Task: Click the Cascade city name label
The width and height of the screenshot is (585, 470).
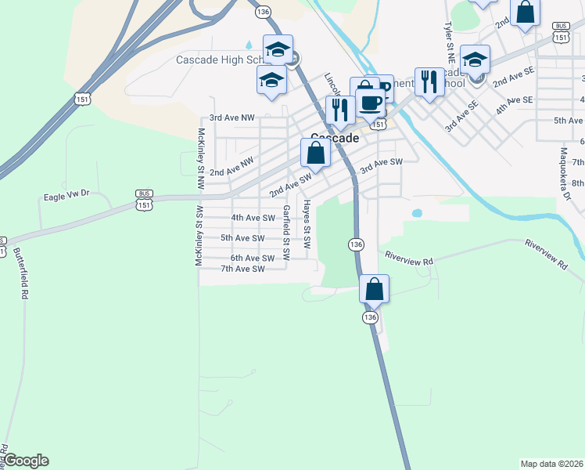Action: point(335,138)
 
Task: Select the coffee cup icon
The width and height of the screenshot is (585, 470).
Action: point(370,103)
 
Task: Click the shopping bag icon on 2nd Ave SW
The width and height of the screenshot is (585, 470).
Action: point(315,153)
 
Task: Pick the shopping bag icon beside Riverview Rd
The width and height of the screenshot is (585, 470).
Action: point(375,289)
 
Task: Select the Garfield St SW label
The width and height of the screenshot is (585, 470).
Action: point(287,232)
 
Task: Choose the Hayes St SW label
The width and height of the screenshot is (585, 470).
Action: point(307,223)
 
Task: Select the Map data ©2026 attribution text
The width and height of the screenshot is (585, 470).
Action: point(551,463)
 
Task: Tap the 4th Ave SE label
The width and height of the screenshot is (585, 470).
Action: point(514,100)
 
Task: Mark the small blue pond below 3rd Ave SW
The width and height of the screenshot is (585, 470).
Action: point(416,212)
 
